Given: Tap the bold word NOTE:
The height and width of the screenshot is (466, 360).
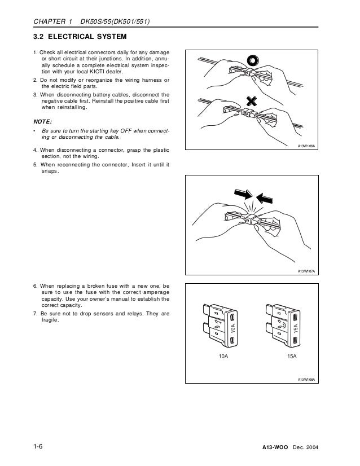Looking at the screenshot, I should coord(43,121).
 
